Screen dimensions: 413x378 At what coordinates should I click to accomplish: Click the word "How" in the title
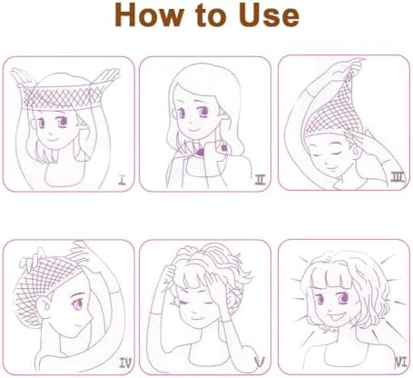149,15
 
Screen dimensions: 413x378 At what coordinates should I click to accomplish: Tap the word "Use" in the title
269,15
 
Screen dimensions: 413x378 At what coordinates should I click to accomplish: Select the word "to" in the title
211,16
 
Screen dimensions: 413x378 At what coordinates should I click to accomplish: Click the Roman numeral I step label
122,181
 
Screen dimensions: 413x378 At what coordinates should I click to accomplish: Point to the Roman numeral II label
261,180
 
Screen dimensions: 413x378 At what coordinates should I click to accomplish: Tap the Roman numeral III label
398,177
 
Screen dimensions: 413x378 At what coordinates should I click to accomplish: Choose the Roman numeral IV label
125,363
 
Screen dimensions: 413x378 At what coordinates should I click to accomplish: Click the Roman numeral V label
260,362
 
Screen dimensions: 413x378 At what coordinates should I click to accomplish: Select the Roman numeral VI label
401,363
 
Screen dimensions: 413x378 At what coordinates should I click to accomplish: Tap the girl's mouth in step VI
336,318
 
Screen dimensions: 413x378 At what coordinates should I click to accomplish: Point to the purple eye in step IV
77,303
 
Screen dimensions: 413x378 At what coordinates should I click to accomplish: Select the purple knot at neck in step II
200,153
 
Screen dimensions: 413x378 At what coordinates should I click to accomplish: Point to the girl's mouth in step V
196,318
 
